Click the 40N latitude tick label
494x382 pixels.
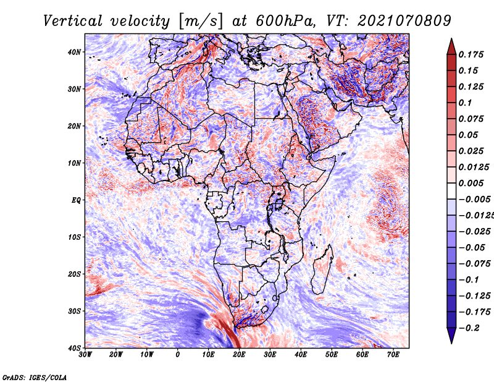pos(74,52)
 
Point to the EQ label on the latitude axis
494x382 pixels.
pos(76,200)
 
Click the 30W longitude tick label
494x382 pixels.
pos(85,355)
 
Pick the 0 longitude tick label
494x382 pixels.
pos(178,355)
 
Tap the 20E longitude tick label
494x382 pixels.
pos(239,355)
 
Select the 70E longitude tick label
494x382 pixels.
pos(393,355)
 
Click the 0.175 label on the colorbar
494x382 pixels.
pos(471,54)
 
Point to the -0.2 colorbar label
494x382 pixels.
pos(469,328)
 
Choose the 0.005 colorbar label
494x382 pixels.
pos(471,183)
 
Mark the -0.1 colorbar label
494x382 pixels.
pos(469,280)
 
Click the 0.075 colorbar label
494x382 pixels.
pos(471,119)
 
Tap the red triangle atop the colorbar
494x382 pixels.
pos(451,46)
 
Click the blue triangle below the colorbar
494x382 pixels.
pos(451,336)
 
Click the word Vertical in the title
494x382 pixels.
pos(73,22)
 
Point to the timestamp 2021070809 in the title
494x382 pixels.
pos(404,22)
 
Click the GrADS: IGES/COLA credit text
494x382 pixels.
pos(35,377)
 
